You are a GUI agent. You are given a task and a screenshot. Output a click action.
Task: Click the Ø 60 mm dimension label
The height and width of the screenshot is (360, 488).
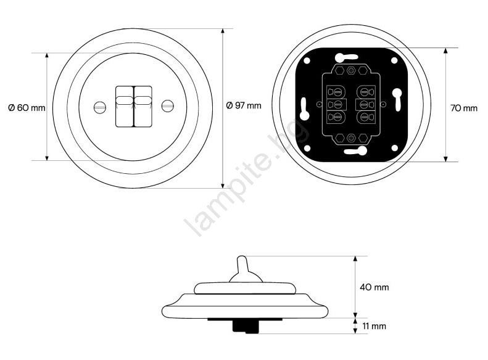point(27,108)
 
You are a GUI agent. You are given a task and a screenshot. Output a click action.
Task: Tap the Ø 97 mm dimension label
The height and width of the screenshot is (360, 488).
point(244,105)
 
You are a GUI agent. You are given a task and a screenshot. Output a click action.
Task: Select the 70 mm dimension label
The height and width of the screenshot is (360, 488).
point(464,108)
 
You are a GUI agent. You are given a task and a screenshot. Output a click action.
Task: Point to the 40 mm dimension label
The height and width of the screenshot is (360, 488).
point(374,287)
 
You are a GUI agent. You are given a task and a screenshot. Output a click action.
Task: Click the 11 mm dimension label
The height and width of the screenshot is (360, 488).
point(374,326)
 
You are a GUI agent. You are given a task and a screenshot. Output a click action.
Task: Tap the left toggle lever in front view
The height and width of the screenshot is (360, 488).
point(125,106)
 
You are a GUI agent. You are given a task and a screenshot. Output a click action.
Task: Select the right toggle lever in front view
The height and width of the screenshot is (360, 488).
point(143,106)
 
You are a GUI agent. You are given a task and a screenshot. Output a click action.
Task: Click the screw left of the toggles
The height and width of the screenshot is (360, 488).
point(100,107)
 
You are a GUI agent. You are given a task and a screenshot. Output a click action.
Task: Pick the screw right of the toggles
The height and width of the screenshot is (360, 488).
point(168,106)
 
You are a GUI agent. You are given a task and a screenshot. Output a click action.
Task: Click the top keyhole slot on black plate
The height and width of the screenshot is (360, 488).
point(346,57)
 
